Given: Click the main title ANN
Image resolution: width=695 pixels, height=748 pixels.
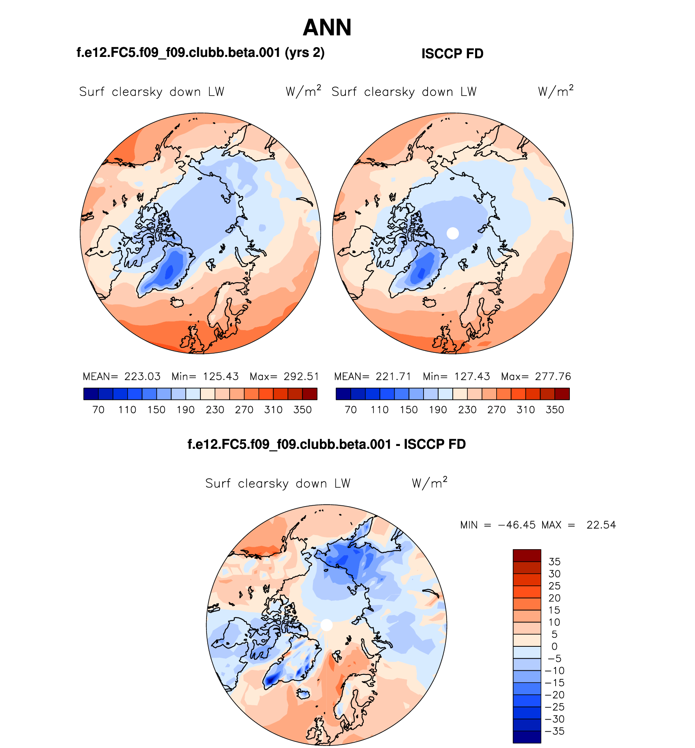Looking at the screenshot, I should click(327, 28).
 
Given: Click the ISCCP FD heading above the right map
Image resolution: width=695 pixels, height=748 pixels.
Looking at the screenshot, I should click(452, 54).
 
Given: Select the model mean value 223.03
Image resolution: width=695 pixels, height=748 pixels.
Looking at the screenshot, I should click(142, 376).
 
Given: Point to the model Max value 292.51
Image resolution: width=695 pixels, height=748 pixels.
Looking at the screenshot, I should click(301, 376).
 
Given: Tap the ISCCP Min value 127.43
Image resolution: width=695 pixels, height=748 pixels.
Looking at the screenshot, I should click(472, 376).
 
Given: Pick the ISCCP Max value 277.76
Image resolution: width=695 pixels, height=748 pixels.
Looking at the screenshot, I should click(553, 376).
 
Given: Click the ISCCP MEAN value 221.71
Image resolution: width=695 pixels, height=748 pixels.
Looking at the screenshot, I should click(393, 376).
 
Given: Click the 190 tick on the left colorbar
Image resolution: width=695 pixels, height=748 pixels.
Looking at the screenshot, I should click(186, 410).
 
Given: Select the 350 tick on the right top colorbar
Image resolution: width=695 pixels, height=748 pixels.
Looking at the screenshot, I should click(555, 410).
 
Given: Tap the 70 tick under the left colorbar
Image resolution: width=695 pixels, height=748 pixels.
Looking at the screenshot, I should click(98, 410).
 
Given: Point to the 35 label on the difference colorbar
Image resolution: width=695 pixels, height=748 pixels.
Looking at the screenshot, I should click(554, 562).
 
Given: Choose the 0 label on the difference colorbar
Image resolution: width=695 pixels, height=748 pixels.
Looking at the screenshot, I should click(554, 646).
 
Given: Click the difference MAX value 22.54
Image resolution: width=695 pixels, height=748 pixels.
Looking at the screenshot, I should click(601, 525).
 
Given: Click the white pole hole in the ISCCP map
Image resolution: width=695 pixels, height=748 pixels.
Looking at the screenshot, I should click(452, 233).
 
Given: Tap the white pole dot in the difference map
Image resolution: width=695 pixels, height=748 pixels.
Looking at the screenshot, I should click(326, 625).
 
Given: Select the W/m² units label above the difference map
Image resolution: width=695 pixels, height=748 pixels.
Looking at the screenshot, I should click(429, 483).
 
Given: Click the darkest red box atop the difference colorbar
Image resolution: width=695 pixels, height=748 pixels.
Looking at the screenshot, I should click(527, 555).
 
